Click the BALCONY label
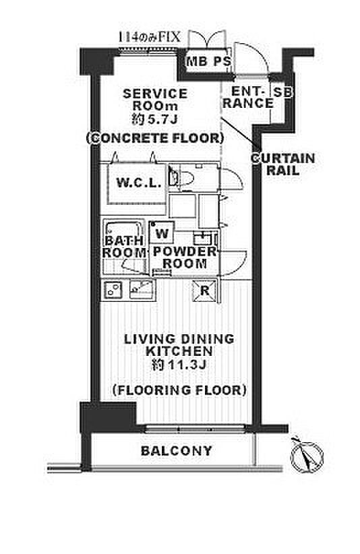point(176,451)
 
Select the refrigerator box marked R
point(204,290)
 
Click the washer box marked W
point(162,233)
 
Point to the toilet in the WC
point(183,177)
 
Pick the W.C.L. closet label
point(139,183)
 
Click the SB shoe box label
point(283,92)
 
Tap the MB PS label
point(208,61)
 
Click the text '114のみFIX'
point(149,37)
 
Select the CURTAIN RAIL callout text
point(282,164)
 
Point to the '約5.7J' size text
point(154,119)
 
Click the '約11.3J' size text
point(179,364)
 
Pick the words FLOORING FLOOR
point(179,390)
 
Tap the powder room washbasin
point(203,239)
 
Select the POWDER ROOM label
point(185,257)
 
